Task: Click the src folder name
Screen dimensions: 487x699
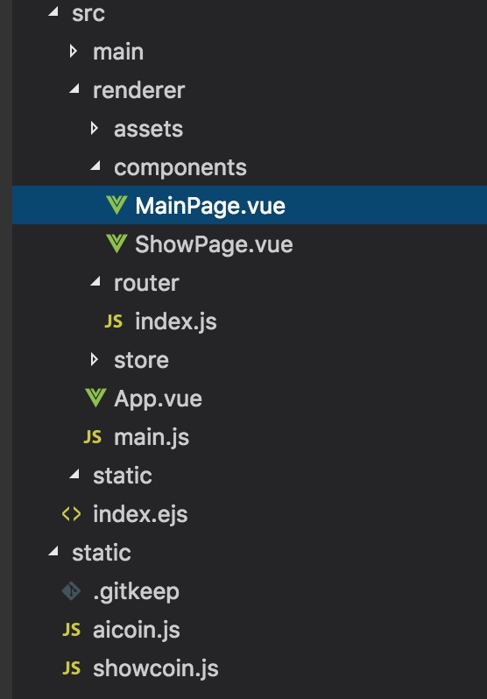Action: tap(88, 13)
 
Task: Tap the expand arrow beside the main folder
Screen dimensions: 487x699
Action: tap(74, 52)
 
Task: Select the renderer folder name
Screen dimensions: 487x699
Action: tap(138, 90)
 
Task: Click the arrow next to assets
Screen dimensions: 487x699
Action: tap(94, 129)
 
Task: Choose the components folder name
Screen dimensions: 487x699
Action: tap(180, 168)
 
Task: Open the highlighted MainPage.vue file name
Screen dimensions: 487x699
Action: tap(210, 207)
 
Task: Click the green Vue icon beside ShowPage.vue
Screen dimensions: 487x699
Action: tap(116, 244)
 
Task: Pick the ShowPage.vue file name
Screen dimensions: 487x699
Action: tap(214, 244)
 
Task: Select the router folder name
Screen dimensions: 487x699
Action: tap(146, 283)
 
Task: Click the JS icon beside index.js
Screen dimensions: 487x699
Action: tap(114, 321)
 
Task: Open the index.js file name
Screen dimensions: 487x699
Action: tap(176, 321)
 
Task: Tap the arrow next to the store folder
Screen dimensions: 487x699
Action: tap(94, 359)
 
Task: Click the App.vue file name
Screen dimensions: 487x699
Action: tap(158, 399)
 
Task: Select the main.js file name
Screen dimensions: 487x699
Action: tap(152, 437)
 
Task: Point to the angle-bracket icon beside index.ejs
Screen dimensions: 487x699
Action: tap(71, 514)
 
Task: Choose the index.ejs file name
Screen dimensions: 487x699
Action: tap(140, 514)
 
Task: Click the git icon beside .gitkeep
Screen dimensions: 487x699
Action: tap(71, 591)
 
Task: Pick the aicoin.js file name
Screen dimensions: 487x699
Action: tap(137, 630)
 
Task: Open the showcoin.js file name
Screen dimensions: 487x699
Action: tap(156, 668)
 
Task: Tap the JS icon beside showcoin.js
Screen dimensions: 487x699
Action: tap(71, 668)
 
